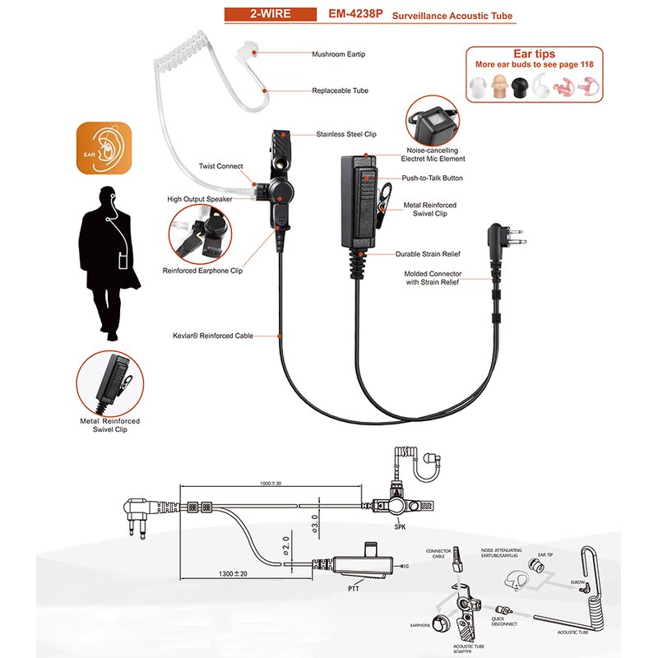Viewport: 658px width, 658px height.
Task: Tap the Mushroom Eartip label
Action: (x=338, y=54)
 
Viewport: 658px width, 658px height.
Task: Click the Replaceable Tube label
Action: (x=339, y=91)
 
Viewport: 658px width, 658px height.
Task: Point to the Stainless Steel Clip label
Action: (x=345, y=134)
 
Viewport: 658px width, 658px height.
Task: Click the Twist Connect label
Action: (x=221, y=166)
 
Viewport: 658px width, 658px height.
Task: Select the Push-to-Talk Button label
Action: (x=432, y=178)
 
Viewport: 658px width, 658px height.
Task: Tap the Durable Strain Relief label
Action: (x=428, y=254)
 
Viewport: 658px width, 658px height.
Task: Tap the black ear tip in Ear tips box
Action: (x=520, y=86)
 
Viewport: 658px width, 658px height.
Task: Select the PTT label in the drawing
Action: (x=354, y=589)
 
